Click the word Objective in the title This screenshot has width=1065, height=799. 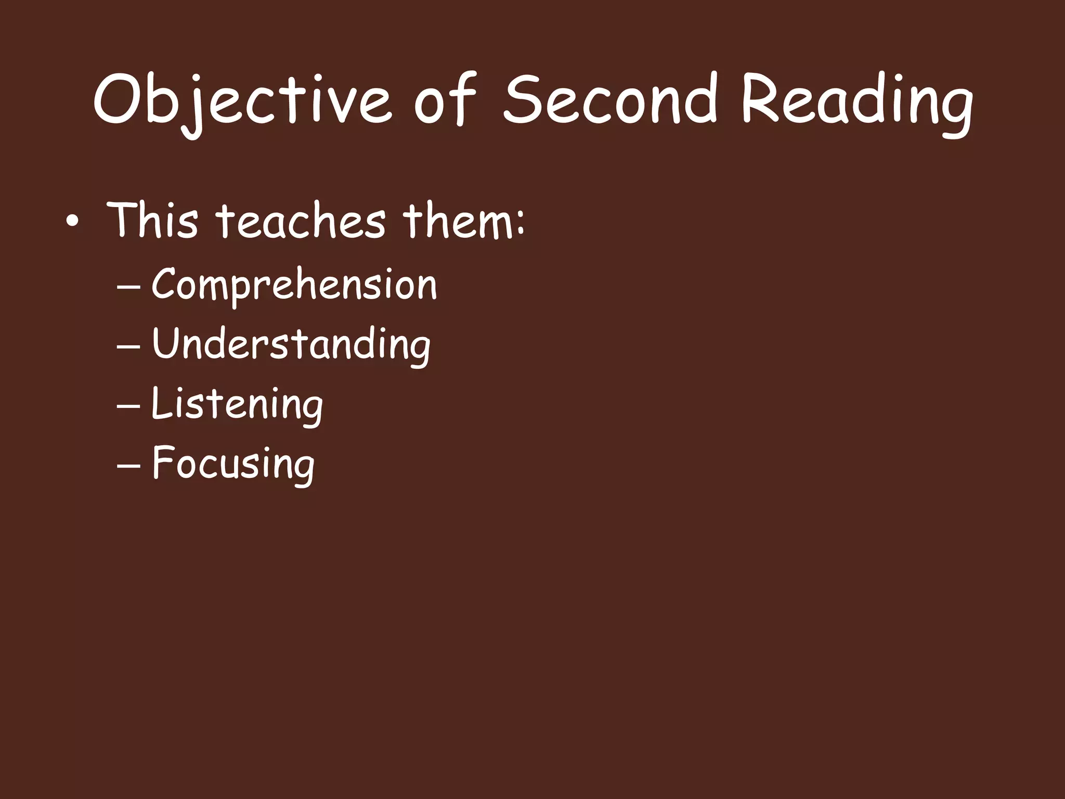[x=242, y=101]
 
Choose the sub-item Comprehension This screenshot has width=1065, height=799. [x=294, y=286]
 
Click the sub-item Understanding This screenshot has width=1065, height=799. [x=291, y=344]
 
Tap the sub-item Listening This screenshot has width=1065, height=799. [x=237, y=404]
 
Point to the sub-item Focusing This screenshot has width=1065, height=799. [x=233, y=463]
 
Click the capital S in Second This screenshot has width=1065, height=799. [x=525, y=99]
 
